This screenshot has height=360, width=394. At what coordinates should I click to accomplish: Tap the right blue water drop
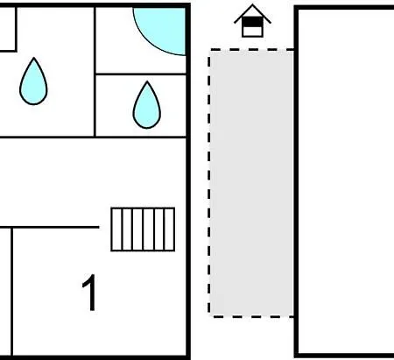click(147, 107)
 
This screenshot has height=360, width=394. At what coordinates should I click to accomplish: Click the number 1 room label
click(90, 293)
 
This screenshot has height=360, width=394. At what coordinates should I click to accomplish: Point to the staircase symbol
click(143, 229)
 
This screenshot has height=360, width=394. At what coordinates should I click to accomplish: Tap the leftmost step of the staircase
click(116, 229)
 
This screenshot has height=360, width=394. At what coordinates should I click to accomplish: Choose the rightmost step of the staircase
click(170, 229)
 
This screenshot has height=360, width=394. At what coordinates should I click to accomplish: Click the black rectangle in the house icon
click(252, 22)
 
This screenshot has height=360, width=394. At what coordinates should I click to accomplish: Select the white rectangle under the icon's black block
click(252, 32)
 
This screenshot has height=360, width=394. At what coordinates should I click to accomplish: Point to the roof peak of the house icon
click(252, 4)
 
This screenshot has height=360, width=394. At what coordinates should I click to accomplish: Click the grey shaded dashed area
click(251, 183)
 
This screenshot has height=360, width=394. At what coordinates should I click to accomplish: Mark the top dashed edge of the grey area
click(251, 50)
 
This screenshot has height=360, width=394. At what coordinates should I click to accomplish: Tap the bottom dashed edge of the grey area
click(251, 316)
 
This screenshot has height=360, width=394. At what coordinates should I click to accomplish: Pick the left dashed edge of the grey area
click(209, 183)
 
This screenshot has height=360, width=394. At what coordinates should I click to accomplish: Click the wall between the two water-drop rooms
click(95, 72)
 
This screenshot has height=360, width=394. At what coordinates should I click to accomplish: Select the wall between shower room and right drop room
click(141, 74)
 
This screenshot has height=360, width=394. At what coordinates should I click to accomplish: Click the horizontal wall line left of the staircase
click(50, 227)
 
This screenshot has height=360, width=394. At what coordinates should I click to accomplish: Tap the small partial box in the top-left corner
click(8, 29)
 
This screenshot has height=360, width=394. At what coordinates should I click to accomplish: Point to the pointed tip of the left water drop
click(34, 58)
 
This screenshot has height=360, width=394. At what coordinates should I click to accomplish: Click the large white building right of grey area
click(345, 181)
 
